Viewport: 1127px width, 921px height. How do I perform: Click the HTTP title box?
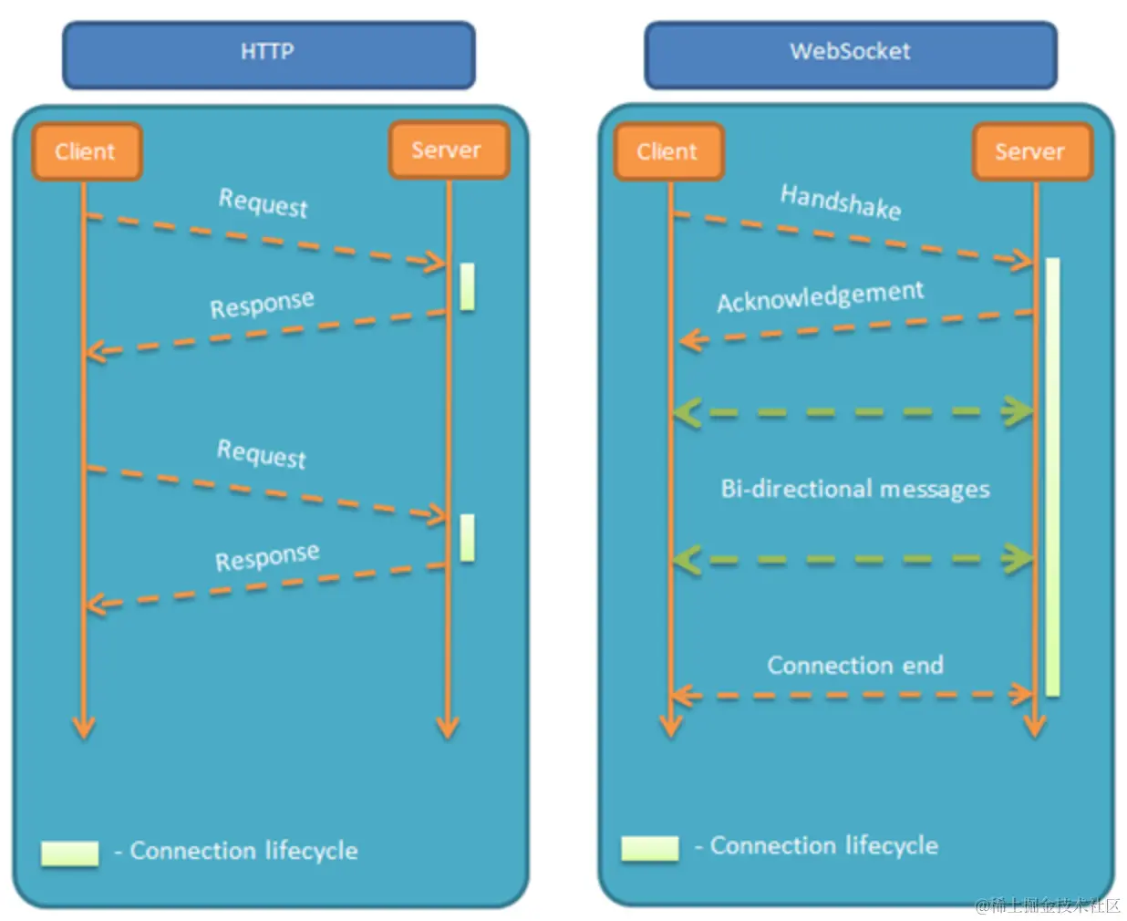tap(269, 55)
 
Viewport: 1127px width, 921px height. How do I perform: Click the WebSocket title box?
tap(851, 55)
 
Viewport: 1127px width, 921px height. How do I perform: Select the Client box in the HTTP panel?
tap(88, 151)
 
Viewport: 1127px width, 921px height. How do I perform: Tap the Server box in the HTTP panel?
tap(449, 150)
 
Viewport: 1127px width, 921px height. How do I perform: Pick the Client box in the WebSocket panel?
tap(669, 151)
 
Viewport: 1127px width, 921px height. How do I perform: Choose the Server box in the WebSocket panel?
tap(1033, 151)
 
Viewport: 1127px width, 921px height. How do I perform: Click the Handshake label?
tap(841, 202)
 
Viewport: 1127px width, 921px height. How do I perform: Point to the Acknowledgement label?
tap(821, 296)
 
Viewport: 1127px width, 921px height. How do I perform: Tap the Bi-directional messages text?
tap(855, 489)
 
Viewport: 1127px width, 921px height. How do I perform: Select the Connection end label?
tap(855, 666)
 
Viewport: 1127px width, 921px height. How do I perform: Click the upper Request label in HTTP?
tap(263, 203)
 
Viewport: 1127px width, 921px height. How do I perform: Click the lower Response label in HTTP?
tap(267, 557)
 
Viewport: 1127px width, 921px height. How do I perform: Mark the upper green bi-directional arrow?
tap(853, 412)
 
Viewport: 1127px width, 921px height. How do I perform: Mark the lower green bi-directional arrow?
tap(853, 560)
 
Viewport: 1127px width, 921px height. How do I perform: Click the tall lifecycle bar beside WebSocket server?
tap(1053, 477)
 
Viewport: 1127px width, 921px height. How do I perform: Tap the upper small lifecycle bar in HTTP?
tap(468, 286)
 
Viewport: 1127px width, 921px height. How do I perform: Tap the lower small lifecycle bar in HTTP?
tap(468, 538)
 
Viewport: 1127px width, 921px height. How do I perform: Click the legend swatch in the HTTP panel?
tap(70, 854)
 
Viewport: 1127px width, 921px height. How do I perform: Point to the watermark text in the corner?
tap(1048, 905)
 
